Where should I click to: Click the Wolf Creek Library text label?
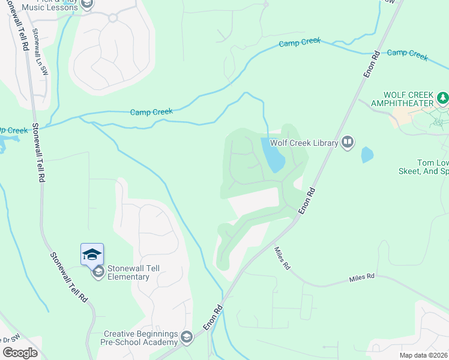pyautogui.click(x=304, y=142)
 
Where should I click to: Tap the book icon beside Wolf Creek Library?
pyautogui.click(x=348, y=142)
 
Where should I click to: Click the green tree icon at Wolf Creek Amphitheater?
pyautogui.click(x=443, y=97)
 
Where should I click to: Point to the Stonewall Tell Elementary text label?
pyautogui.click(x=128, y=272)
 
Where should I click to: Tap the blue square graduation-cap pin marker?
pyautogui.click(x=92, y=254)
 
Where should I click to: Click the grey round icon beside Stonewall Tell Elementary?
pyautogui.click(x=97, y=272)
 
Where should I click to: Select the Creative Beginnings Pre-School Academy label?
pyautogui.click(x=141, y=338)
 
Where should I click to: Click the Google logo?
pyautogui.click(x=20, y=352)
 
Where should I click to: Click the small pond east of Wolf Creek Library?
pyautogui.click(x=367, y=155)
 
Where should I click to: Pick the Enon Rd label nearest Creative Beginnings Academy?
pyautogui.click(x=213, y=316)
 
